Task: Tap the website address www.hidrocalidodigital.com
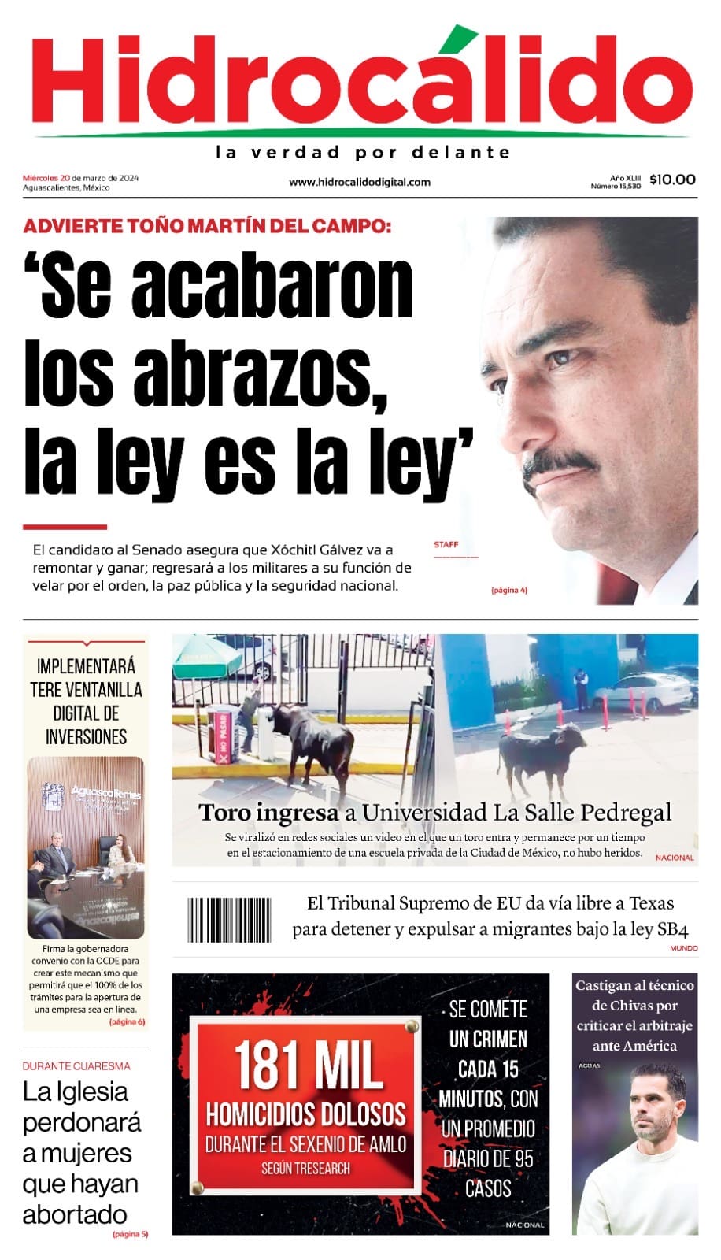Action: [x=360, y=182]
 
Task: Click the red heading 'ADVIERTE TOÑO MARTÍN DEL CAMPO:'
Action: [x=207, y=226]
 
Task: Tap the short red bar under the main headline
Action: [x=65, y=527]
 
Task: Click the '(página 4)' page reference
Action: [x=508, y=590]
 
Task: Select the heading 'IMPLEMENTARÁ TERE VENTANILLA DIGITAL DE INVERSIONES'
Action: [x=86, y=702]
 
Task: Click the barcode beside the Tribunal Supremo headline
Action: [x=229, y=920]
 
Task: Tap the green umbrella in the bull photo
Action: [x=206, y=650]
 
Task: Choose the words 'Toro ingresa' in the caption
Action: [x=268, y=812]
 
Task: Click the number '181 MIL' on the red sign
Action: [x=308, y=1066]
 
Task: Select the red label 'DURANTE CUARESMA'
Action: [x=76, y=1065]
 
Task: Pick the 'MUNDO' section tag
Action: [x=683, y=948]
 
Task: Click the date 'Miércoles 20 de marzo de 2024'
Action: [x=80, y=177]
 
